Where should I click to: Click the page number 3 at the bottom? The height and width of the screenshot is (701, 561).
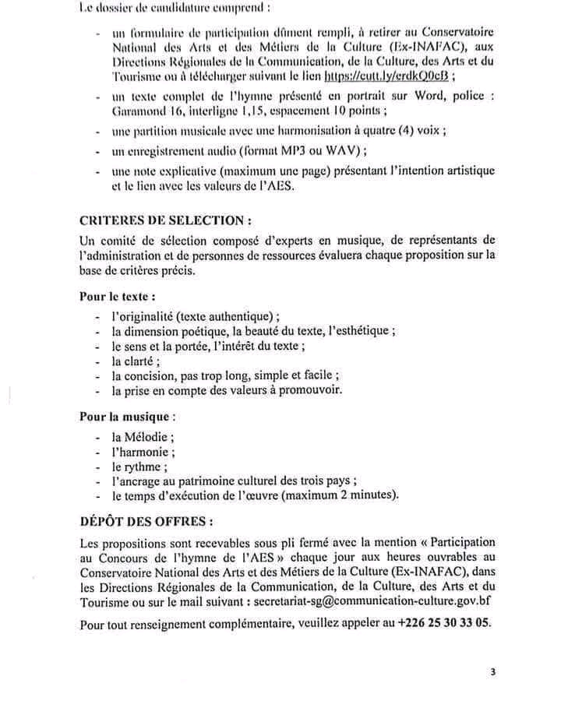coord(492,671)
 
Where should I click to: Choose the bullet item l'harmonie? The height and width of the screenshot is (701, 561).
coord(143,452)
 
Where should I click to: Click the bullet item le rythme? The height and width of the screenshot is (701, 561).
coord(139,467)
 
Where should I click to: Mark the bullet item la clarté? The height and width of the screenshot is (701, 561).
coord(135,361)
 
